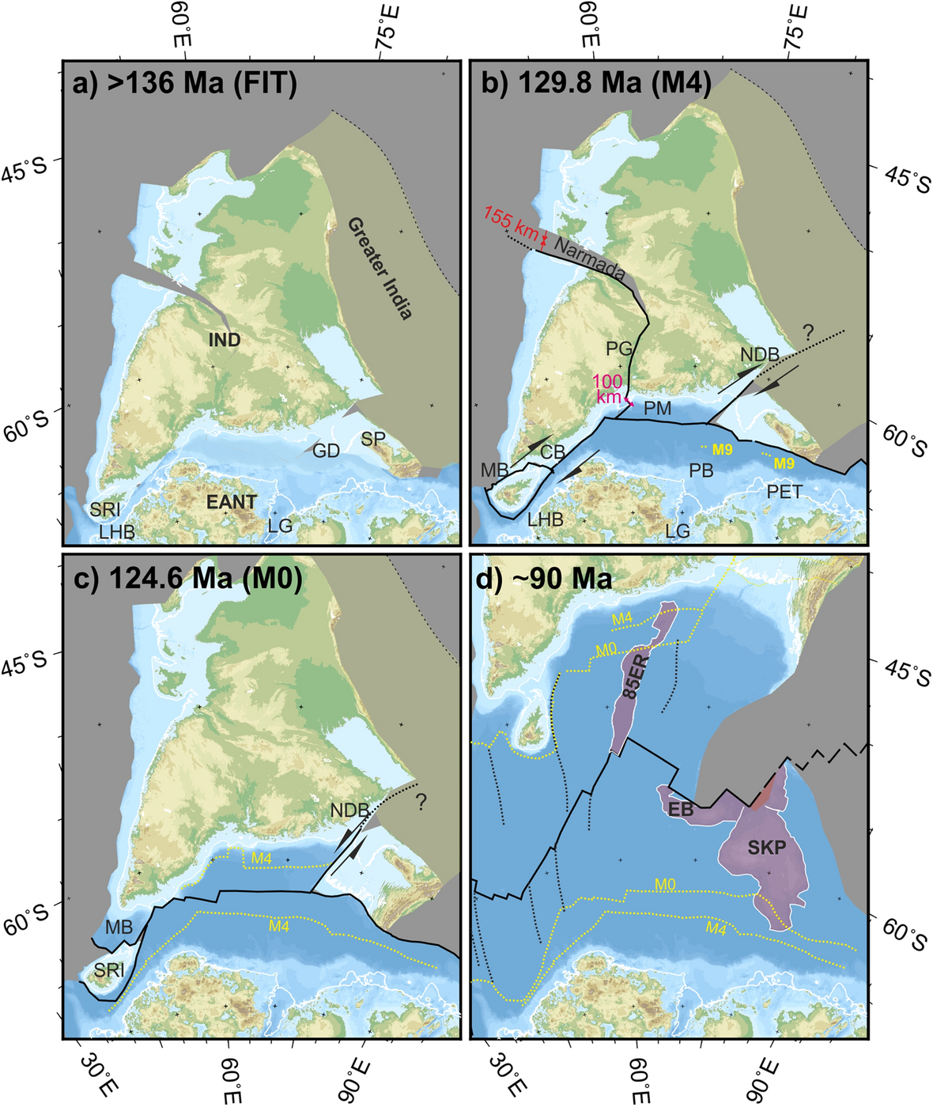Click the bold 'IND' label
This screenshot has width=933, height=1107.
[x=225, y=341]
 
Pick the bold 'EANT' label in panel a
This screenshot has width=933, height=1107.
[x=232, y=501]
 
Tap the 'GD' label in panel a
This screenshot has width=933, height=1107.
[x=326, y=451]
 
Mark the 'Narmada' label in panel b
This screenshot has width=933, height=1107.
[x=590, y=258]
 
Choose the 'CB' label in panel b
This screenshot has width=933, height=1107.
[x=553, y=452]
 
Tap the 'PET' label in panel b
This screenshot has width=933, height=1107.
[x=784, y=492]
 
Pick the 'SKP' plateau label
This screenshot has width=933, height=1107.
[x=766, y=848]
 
